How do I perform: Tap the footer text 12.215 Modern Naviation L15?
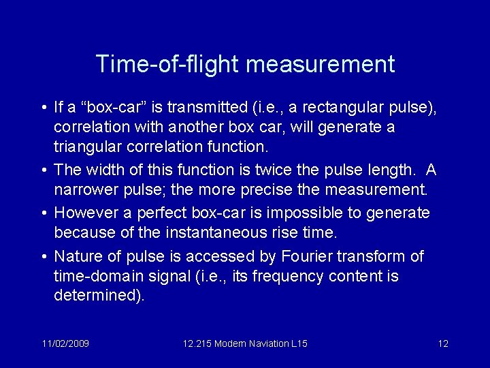[245, 343]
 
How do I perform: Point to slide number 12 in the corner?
[443, 343]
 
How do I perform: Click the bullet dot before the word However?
[44, 213]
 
